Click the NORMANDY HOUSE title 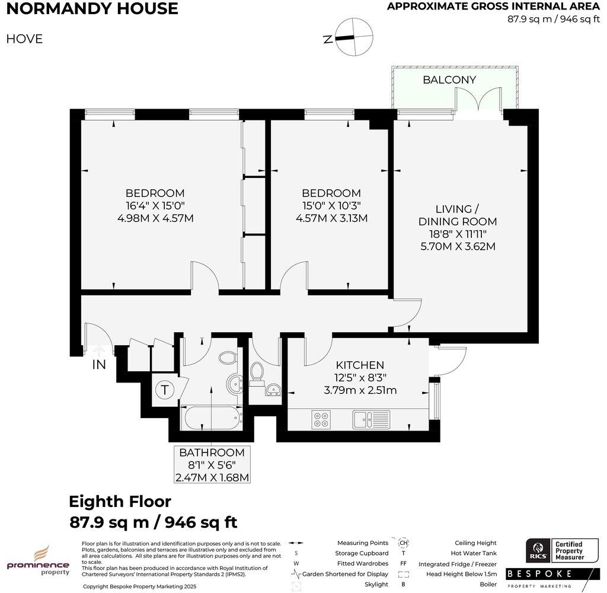(x=92, y=9)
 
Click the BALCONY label (x=449, y=80)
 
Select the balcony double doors (x=478, y=102)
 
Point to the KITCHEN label (x=360, y=365)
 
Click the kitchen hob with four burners (x=321, y=419)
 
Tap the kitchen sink (x=371, y=419)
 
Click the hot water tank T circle (x=164, y=391)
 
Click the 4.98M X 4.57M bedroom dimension (x=155, y=218)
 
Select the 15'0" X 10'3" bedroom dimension (x=331, y=206)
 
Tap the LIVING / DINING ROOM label (x=466, y=215)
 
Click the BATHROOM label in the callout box (x=212, y=452)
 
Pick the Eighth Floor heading (x=120, y=502)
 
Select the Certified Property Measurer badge (x=568, y=551)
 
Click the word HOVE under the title (x=24, y=39)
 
